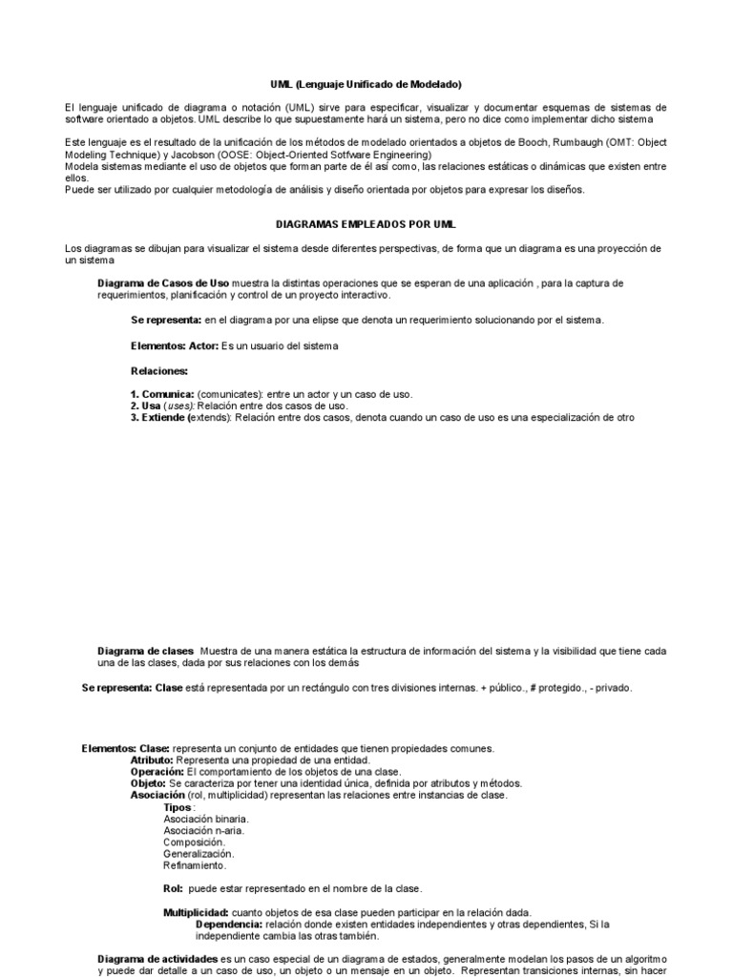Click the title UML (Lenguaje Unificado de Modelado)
point(366,85)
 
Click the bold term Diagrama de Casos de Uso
point(163,283)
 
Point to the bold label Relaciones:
point(159,369)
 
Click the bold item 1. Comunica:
point(163,394)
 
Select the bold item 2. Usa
point(147,405)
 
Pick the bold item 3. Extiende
point(162,417)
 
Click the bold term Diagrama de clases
point(145,651)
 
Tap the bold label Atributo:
point(152,760)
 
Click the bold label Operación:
point(157,772)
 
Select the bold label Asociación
point(158,795)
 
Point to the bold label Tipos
point(178,807)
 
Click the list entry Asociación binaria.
point(206,819)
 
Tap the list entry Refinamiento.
point(195,865)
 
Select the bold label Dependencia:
point(229,924)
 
